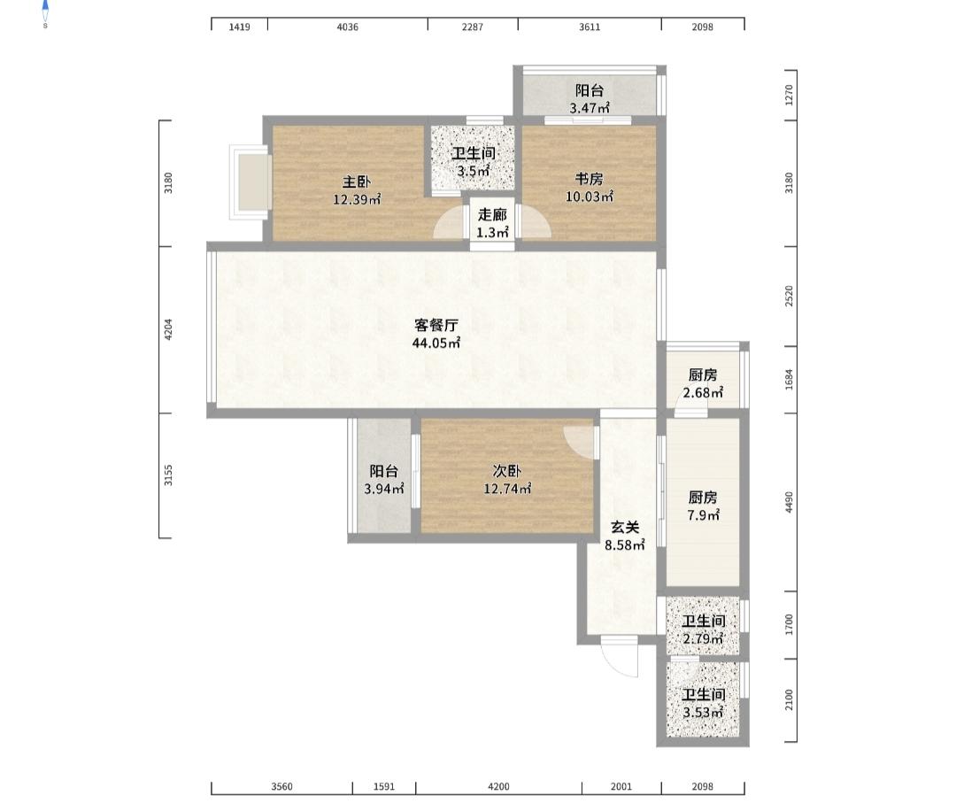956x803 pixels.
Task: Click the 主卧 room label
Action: pyautogui.click(x=357, y=181)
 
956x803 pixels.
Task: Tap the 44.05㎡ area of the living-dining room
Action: pyautogui.click(x=436, y=343)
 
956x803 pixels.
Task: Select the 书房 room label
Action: pyautogui.click(x=590, y=179)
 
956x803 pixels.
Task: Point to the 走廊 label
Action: pyautogui.click(x=492, y=214)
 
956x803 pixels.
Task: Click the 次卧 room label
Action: pyautogui.click(x=506, y=471)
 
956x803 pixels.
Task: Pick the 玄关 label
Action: pyautogui.click(x=625, y=528)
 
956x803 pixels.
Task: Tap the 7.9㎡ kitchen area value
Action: pyautogui.click(x=703, y=515)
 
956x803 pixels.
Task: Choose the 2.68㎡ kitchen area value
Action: pyautogui.click(x=703, y=393)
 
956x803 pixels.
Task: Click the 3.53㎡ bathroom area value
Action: pyautogui.click(x=703, y=712)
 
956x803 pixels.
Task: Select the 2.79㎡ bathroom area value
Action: pyautogui.click(x=703, y=639)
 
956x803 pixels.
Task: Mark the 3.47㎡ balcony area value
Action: pyautogui.click(x=590, y=109)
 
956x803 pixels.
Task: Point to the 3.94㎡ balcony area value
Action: pyautogui.click(x=384, y=489)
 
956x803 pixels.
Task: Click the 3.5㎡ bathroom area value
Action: pyautogui.click(x=474, y=172)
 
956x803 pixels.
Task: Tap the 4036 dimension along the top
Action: pyautogui.click(x=348, y=27)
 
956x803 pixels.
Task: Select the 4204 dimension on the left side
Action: pyautogui.click(x=169, y=329)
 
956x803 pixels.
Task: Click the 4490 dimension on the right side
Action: pyautogui.click(x=789, y=502)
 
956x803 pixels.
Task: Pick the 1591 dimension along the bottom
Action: pyautogui.click(x=384, y=786)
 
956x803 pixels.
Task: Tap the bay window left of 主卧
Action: pyautogui.click(x=249, y=181)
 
